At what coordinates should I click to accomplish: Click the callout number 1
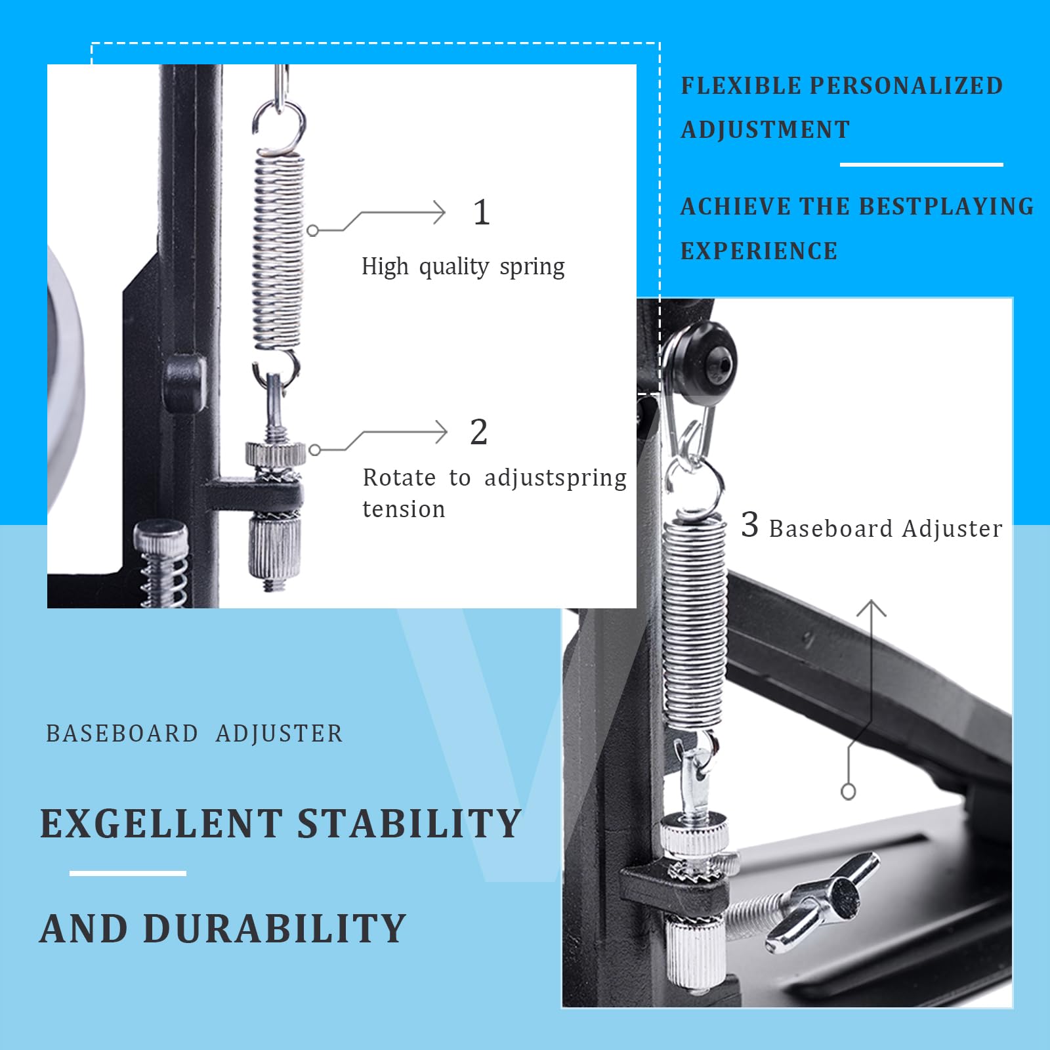pyautogui.click(x=482, y=213)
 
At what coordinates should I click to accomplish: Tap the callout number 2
pyautogui.click(x=479, y=432)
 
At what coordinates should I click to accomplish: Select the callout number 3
pyautogui.click(x=749, y=524)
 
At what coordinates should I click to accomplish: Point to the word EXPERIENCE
pyautogui.click(x=759, y=251)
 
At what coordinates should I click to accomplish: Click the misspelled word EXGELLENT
pyautogui.click(x=161, y=824)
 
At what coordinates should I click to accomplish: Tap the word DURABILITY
pyautogui.click(x=275, y=929)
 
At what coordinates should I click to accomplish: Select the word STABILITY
pyautogui.click(x=409, y=824)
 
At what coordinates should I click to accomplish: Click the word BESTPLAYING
pyautogui.click(x=946, y=207)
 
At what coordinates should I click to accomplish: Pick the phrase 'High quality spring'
pyautogui.click(x=463, y=267)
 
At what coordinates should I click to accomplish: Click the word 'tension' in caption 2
pyautogui.click(x=404, y=509)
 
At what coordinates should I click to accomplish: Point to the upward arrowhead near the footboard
pyautogui.click(x=871, y=608)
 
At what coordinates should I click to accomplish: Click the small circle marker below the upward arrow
pyautogui.click(x=849, y=792)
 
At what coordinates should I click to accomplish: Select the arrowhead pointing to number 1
pyautogui.click(x=439, y=213)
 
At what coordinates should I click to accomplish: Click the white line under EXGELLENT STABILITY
pyautogui.click(x=128, y=873)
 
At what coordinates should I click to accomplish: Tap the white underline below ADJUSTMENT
pyautogui.click(x=921, y=164)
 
